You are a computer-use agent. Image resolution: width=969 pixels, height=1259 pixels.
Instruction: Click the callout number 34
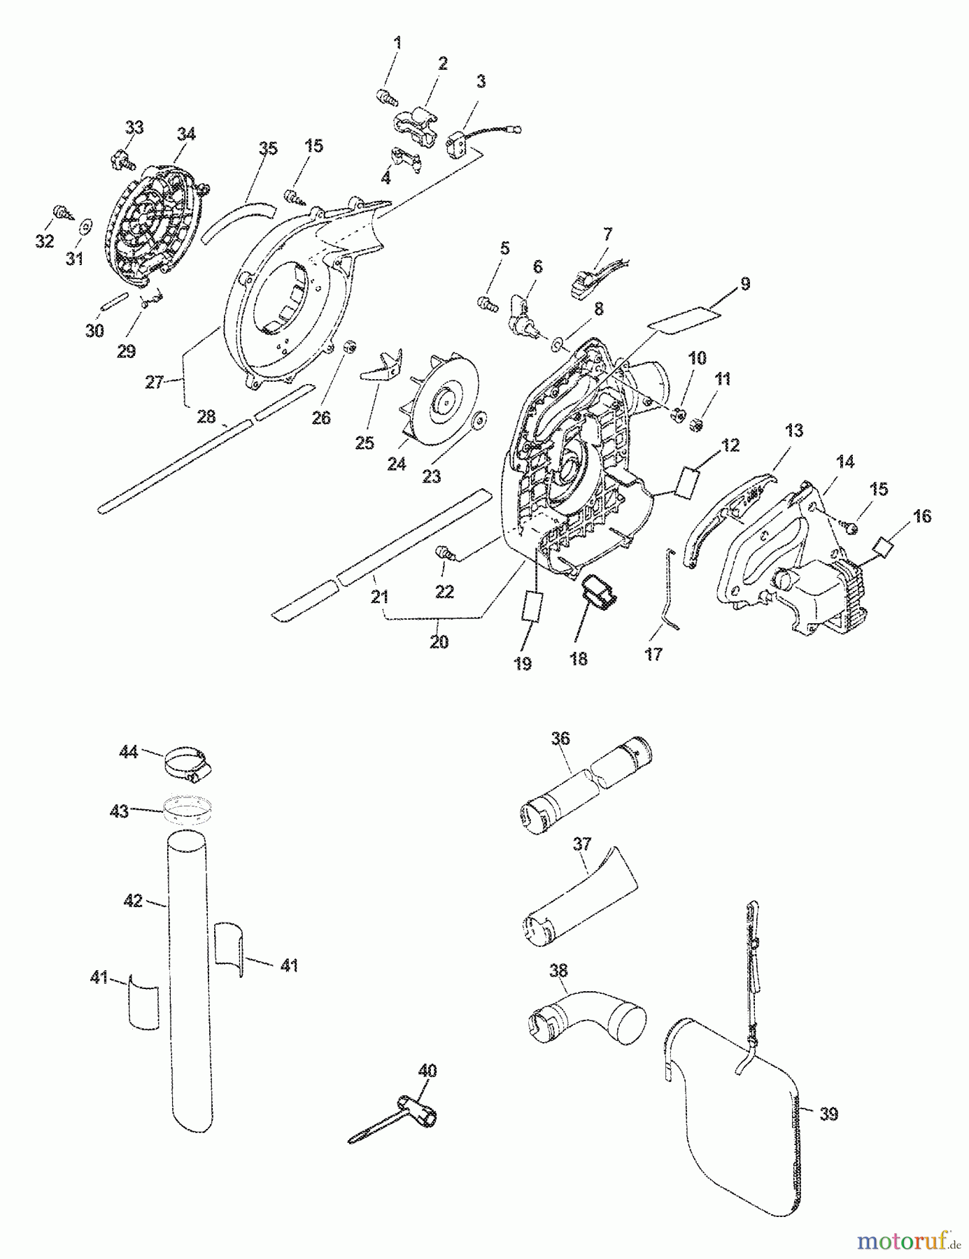pyautogui.click(x=186, y=134)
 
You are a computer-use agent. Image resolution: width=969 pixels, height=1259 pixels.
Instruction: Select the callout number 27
pyautogui.click(x=154, y=382)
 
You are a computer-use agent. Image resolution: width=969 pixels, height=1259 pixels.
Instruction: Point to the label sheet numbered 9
pyautogui.click(x=684, y=317)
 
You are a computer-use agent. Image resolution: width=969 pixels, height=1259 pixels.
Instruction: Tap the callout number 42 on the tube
pyautogui.click(x=134, y=900)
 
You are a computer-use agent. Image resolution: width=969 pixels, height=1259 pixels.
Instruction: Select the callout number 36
pyautogui.click(x=561, y=738)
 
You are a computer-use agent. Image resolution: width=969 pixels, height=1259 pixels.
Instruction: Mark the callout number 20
pyautogui.click(x=439, y=641)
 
